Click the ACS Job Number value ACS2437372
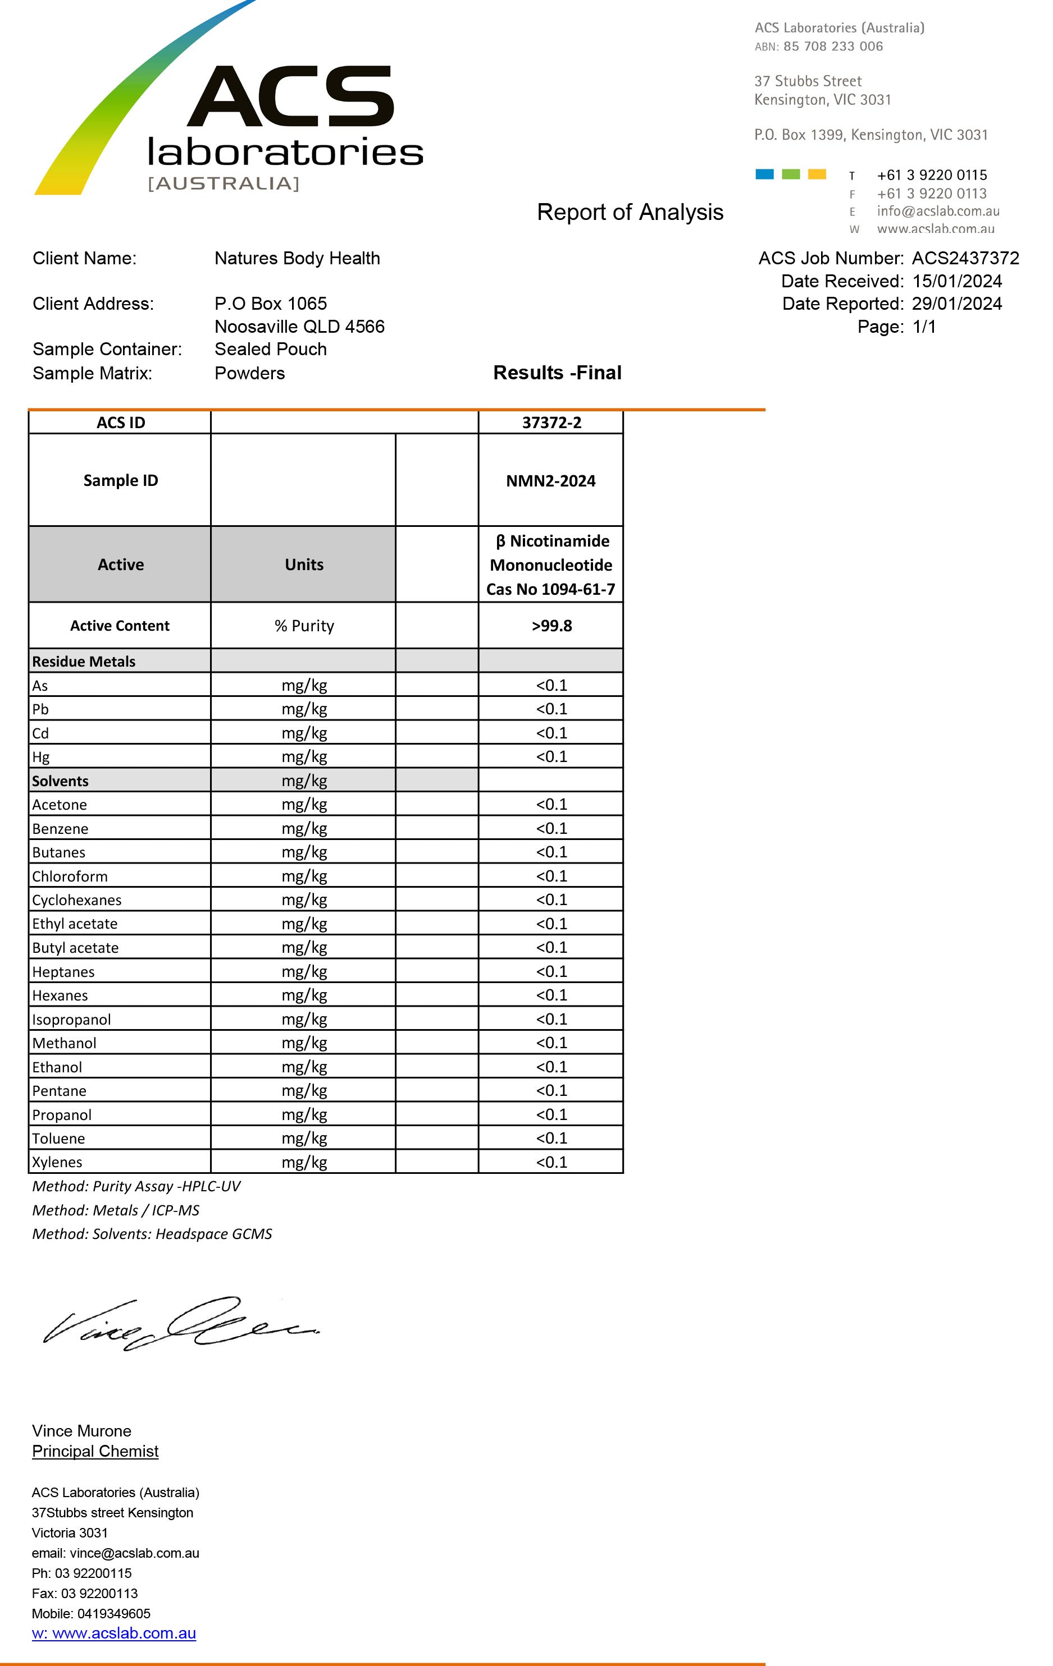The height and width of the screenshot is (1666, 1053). pos(965,258)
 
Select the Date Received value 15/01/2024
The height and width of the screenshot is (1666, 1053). pos(957,281)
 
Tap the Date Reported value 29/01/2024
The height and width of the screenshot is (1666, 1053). pos(957,304)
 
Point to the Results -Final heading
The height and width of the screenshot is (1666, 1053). pos(557,373)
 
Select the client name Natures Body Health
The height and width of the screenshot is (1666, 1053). pos(297,258)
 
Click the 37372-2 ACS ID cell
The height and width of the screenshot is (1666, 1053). pos(551,423)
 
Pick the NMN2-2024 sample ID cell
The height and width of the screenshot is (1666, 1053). pos(550,481)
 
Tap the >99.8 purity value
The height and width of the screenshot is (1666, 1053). pos(551,626)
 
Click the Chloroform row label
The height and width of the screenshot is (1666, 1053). pos(70,876)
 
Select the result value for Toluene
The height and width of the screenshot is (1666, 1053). pos(551,1138)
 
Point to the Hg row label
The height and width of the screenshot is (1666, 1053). pos(41,757)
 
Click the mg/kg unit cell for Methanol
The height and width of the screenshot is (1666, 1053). pos(304,1043)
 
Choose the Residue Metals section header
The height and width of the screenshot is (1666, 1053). pos(84,662)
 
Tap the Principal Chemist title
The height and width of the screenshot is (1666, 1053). pos(95,1451)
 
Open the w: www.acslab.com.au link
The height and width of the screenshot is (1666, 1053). pos(113,1633)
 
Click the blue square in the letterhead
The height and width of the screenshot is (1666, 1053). pos(764,175)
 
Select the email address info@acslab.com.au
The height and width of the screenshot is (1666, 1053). pos(937,211)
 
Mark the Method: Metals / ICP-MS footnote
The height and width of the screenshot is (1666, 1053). pos(116,1210)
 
